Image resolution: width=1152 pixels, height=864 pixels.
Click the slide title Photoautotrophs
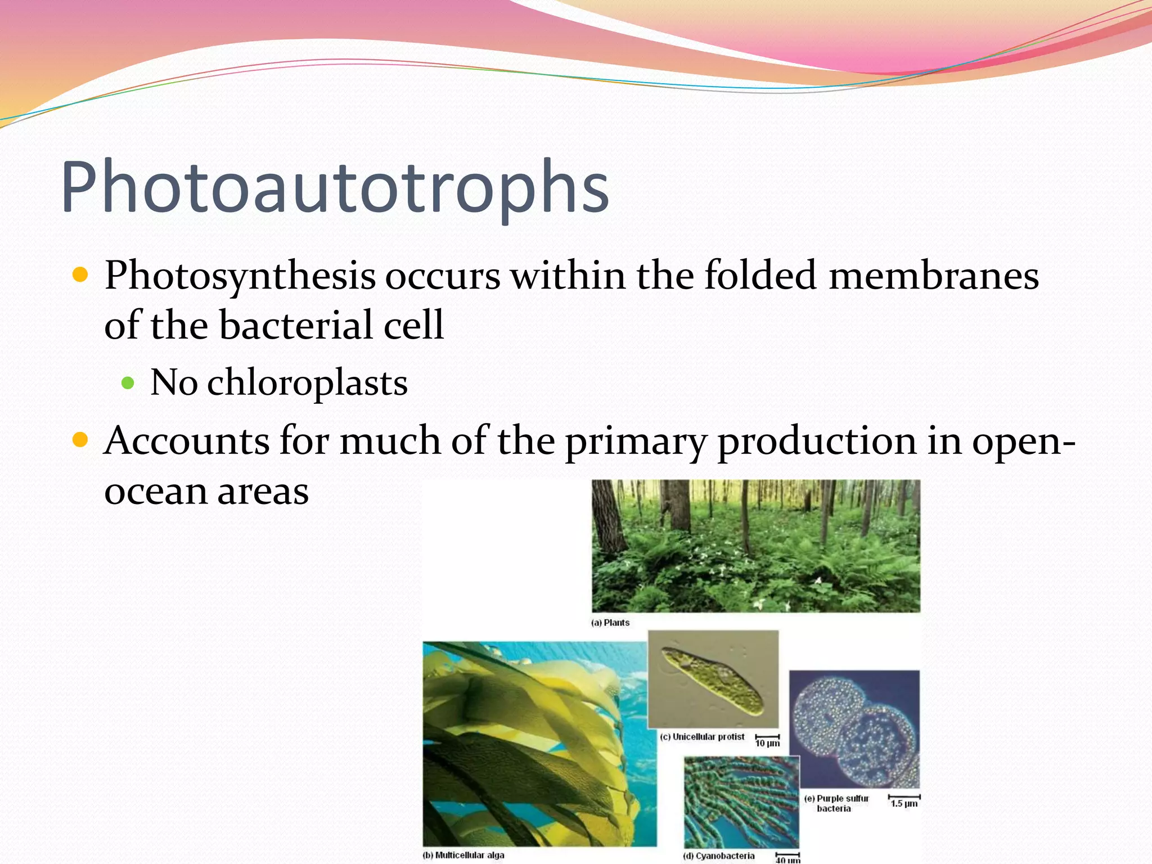[335, 187]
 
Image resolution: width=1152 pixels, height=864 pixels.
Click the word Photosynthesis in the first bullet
[240, 276]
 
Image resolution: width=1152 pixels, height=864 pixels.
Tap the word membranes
[933, 276]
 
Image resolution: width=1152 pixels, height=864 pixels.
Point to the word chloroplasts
[307, 383]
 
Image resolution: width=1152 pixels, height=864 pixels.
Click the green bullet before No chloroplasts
[128, 384]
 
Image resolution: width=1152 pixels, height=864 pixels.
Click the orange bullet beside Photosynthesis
[81, 275]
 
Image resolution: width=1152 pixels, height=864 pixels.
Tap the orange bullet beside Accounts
[81, 439]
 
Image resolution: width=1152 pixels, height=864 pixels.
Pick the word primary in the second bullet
[635, 442]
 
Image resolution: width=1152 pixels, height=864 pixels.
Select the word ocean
[156, 491]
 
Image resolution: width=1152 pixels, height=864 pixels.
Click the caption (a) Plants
[610, 623]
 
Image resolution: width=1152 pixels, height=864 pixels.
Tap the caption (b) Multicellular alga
[463, 855]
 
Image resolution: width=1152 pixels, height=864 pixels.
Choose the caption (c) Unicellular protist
[703, 737]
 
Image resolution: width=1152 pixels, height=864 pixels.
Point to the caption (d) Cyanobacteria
[719, 856]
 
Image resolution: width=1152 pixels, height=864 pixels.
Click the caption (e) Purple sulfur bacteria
[836, 803]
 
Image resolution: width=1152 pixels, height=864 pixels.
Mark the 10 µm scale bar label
[767, 743]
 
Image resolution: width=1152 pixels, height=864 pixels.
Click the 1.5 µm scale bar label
[904, 803]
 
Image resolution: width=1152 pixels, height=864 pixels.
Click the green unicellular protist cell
[713, 681]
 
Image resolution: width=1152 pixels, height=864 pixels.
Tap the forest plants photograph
[756, 546]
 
